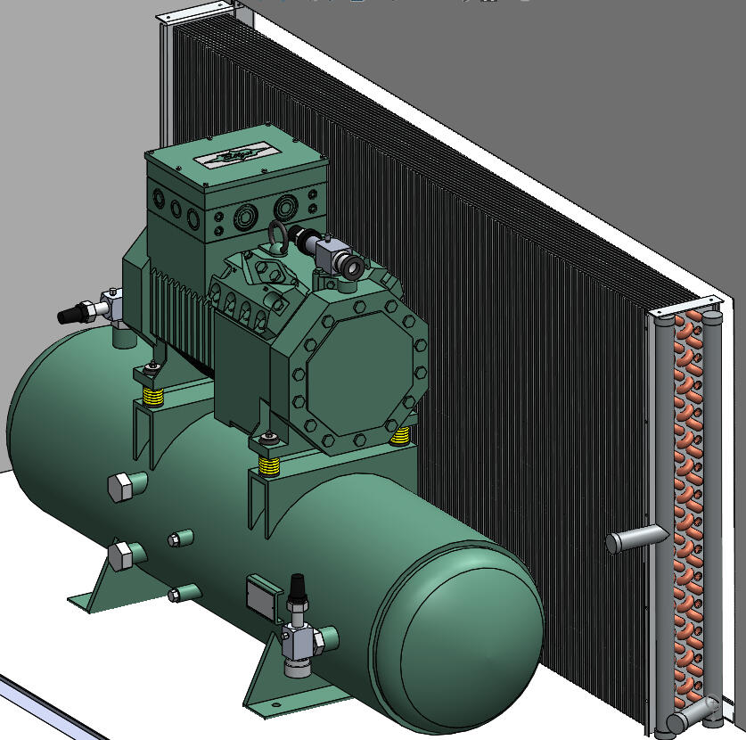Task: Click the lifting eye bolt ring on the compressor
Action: pos(276,238)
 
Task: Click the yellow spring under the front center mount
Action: pos(268,465)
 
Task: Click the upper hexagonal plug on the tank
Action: pos(121,488)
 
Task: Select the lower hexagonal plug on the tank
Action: pos(122,555)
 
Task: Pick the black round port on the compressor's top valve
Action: pos(353,267)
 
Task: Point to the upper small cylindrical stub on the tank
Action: pos(180,537)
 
